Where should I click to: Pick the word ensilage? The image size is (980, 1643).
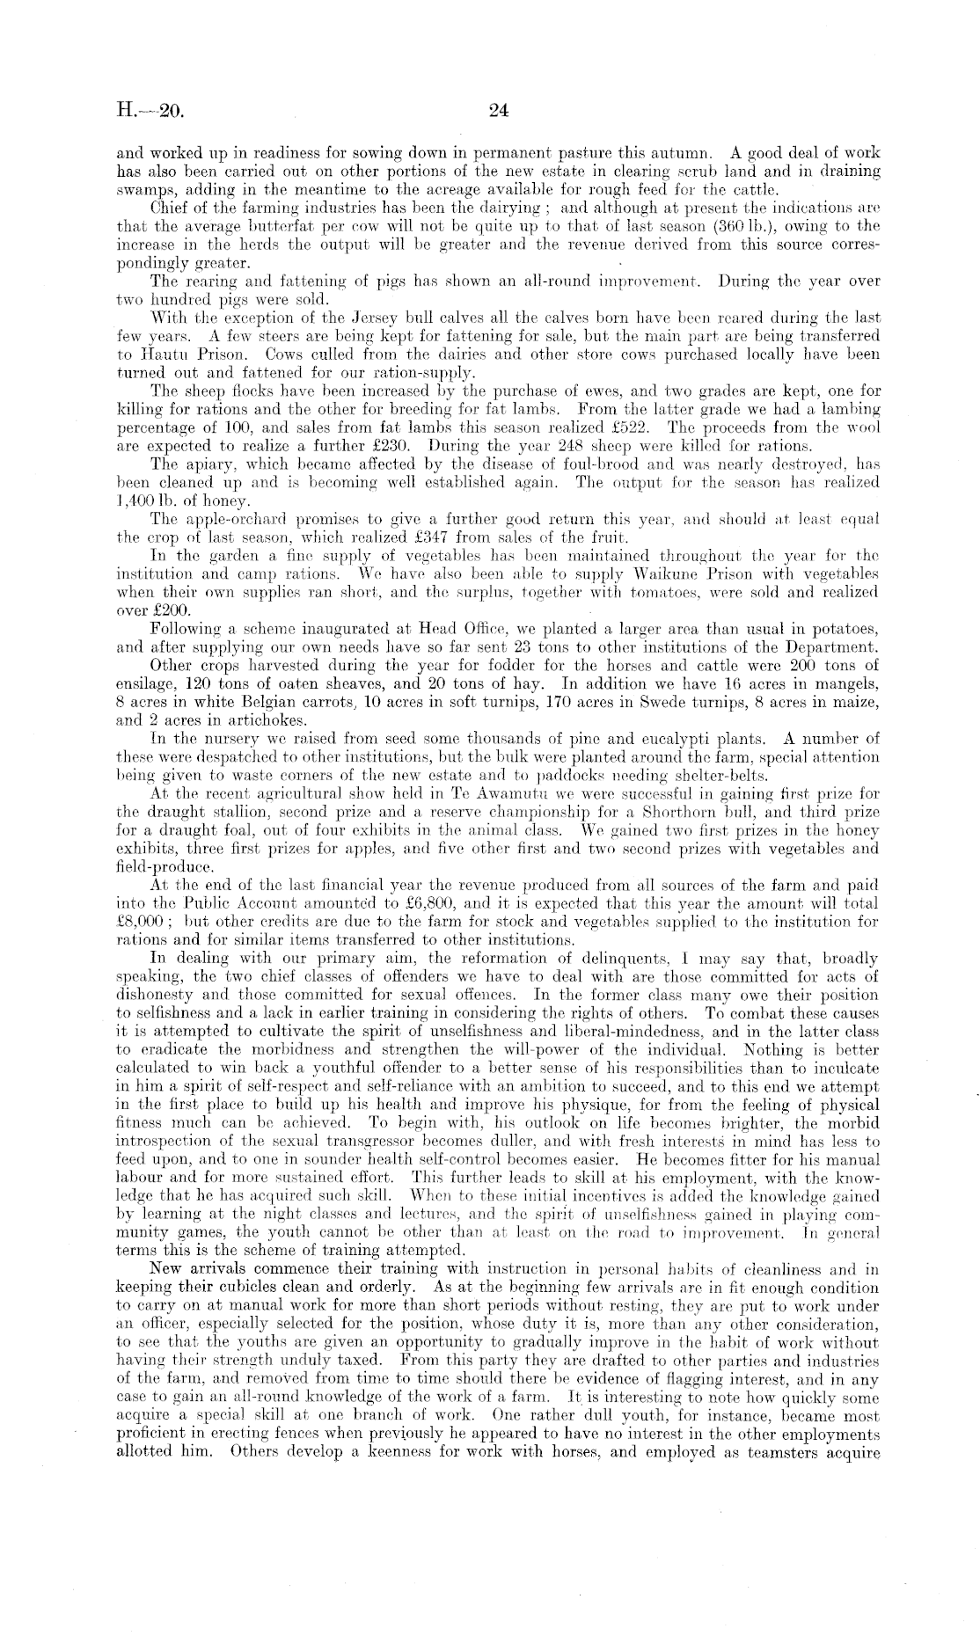[x=145, y=683]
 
